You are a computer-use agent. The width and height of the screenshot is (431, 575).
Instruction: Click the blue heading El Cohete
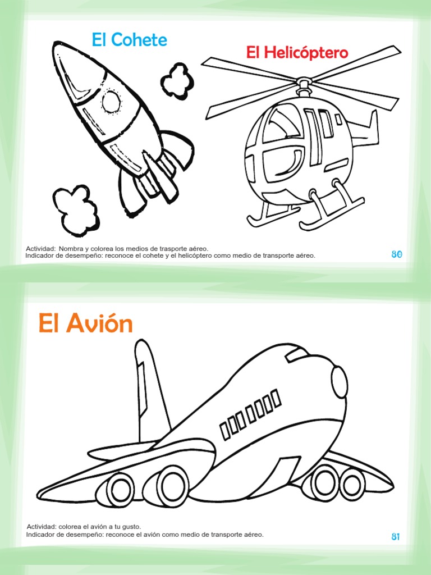130,40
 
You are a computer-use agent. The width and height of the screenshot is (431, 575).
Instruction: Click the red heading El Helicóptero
297,53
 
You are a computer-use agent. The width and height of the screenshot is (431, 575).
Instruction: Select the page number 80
397,254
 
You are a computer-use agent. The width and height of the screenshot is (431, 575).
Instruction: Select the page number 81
396,537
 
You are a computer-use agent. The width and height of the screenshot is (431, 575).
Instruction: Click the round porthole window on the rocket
111,102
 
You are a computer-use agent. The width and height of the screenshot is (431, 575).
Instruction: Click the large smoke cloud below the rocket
75,209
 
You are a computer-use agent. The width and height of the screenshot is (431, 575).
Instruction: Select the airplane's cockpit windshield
296,354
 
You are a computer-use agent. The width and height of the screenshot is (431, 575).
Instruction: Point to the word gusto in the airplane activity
131,527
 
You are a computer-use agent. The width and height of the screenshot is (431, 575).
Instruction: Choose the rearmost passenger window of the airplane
225,431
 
